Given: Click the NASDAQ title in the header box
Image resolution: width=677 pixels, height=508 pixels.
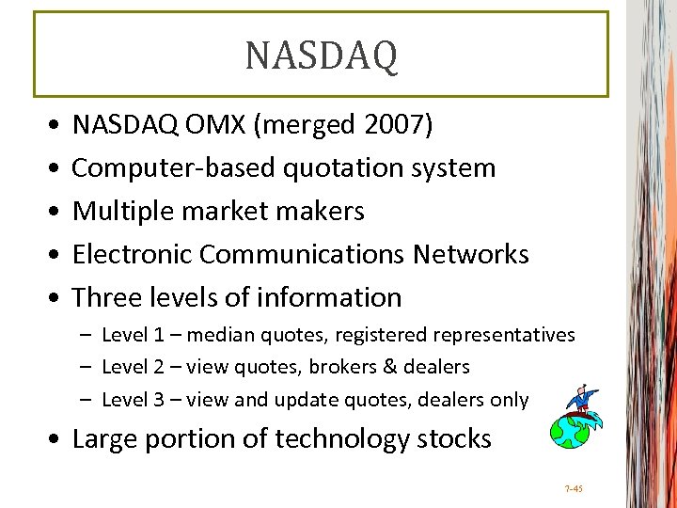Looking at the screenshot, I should click(322, 55).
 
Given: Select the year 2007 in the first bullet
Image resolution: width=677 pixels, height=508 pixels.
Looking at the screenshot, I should click(398, 124).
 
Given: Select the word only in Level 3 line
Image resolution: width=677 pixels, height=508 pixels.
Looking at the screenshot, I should click(509, 400).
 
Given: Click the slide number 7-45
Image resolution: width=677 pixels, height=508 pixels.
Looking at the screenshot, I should click(574, 489).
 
